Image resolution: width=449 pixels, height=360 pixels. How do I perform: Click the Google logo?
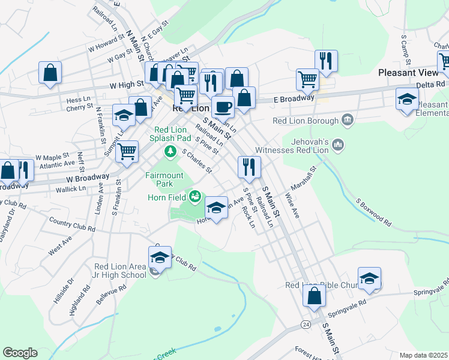(x=20, y=353)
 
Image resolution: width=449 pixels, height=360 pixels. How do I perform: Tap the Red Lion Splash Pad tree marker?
(x=171, y=151)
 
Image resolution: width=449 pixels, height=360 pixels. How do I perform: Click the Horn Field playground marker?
(x=194, y=196)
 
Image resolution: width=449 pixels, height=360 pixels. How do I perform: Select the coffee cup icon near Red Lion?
(x=223, y=107)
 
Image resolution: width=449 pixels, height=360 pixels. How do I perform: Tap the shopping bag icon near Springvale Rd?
(x=314, y=296)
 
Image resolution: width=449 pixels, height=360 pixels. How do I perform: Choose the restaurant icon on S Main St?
(x=249, y=166)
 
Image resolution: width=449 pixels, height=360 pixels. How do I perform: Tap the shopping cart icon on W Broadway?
(x=127, y=152)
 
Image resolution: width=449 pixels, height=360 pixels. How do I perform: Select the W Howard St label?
(x=106, y=44)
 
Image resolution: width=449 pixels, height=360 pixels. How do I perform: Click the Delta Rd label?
(x=432, y=85)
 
